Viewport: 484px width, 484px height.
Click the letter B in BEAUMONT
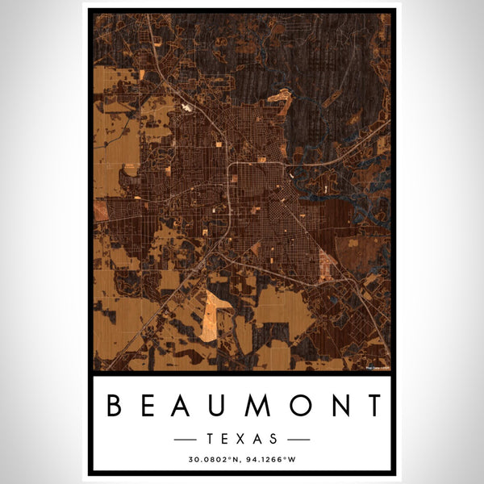(x=114, y=405)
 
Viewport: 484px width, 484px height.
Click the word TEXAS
(x=242, y=440)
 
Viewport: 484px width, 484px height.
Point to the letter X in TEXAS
(x=242, y=440)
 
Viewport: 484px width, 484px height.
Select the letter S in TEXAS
(x=274, y=440)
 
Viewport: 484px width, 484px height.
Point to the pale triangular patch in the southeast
(x=326, y=261)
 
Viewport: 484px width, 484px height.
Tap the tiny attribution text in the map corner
(x=376, y=367)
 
